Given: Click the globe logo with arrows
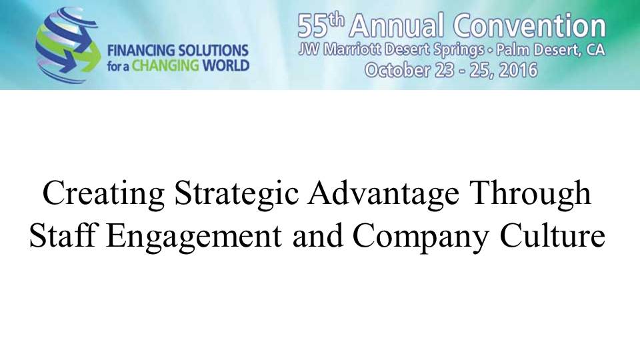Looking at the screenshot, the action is coord(68,45).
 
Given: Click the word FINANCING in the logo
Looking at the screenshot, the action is coord(141,51).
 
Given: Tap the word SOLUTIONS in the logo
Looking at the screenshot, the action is coord(214,51).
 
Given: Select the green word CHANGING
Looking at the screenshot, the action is coord(165,66).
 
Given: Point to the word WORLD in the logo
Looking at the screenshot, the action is coord(226,66).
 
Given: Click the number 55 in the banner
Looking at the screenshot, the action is coord(313,26).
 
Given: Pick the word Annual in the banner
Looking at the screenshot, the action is coord(396,26).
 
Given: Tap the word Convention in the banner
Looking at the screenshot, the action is coord(530,26).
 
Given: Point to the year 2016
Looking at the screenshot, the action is coord(519,70).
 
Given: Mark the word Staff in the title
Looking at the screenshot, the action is coord(64,236).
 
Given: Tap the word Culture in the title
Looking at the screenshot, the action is coord(553,236).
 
